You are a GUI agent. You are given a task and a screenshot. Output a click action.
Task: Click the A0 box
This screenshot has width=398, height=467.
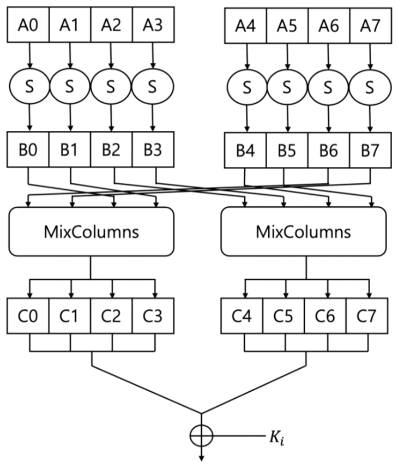28,25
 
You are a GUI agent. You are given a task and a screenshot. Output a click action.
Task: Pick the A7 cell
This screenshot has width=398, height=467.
370,25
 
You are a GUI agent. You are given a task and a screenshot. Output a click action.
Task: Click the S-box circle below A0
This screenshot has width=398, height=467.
29,86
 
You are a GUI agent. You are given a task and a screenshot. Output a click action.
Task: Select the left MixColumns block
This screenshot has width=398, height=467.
91,232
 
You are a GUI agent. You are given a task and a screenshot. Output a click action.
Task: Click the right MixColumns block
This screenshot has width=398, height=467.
304,232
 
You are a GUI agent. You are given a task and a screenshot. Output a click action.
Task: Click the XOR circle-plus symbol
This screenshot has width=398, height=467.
202,436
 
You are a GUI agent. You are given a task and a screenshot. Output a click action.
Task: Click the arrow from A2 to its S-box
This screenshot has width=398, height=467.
111,55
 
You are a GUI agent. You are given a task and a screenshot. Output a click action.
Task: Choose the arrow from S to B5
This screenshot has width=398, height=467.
287,117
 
